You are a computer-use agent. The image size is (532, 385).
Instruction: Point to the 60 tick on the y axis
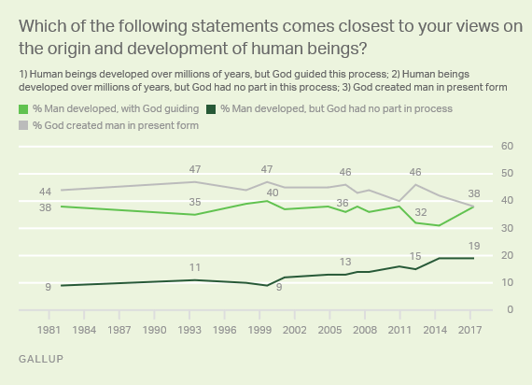pos(509,147)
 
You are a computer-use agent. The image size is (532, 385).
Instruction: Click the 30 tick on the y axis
pos(509,228)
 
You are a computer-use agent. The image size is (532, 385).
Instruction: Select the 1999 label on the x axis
pos(267,330)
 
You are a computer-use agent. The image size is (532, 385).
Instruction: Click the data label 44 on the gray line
pos(45,192)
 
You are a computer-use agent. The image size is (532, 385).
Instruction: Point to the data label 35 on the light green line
pos(194,202)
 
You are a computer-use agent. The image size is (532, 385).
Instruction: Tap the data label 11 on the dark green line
pos(194,267)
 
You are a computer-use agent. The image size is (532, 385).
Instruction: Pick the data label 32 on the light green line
pos(422,212)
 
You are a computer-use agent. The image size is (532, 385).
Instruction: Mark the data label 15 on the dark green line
pos(415,256)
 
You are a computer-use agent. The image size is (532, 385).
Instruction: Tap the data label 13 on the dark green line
pos(345,262)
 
